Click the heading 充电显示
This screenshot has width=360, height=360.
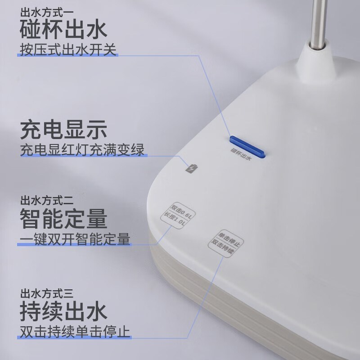(63, 130)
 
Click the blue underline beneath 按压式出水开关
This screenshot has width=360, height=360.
(67, 56)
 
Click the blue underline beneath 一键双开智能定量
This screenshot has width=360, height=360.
(74, 245)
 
